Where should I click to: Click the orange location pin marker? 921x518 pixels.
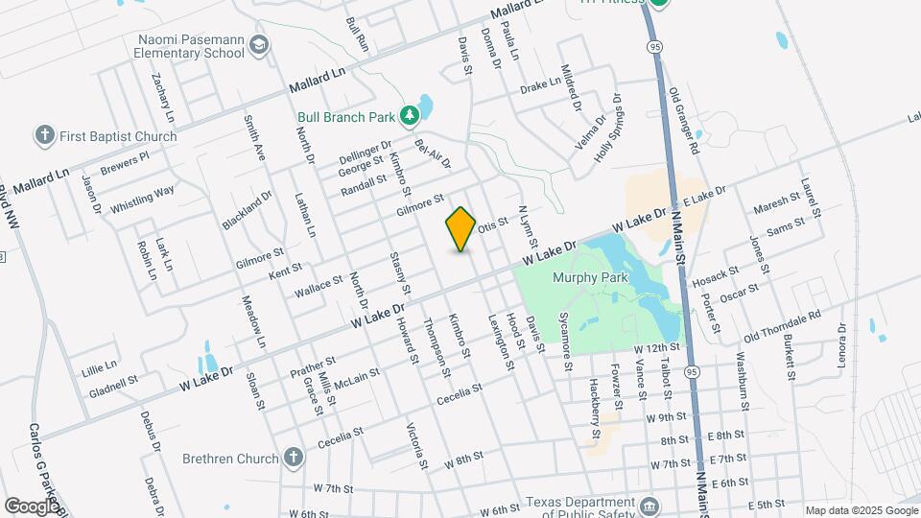coord(460,229)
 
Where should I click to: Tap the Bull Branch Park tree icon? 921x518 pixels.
coord(410,116)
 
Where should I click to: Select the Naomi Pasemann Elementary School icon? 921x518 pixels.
coord(257,45)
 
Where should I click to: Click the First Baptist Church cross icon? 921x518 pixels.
coord(44,135)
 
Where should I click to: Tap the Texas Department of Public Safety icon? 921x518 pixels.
coord(649,506)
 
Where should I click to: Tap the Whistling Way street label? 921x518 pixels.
coord(142,199)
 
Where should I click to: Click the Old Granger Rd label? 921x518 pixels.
coord(686,120)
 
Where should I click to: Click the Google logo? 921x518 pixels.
coord(32,506)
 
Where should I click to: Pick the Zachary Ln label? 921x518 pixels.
coord(162,99)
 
